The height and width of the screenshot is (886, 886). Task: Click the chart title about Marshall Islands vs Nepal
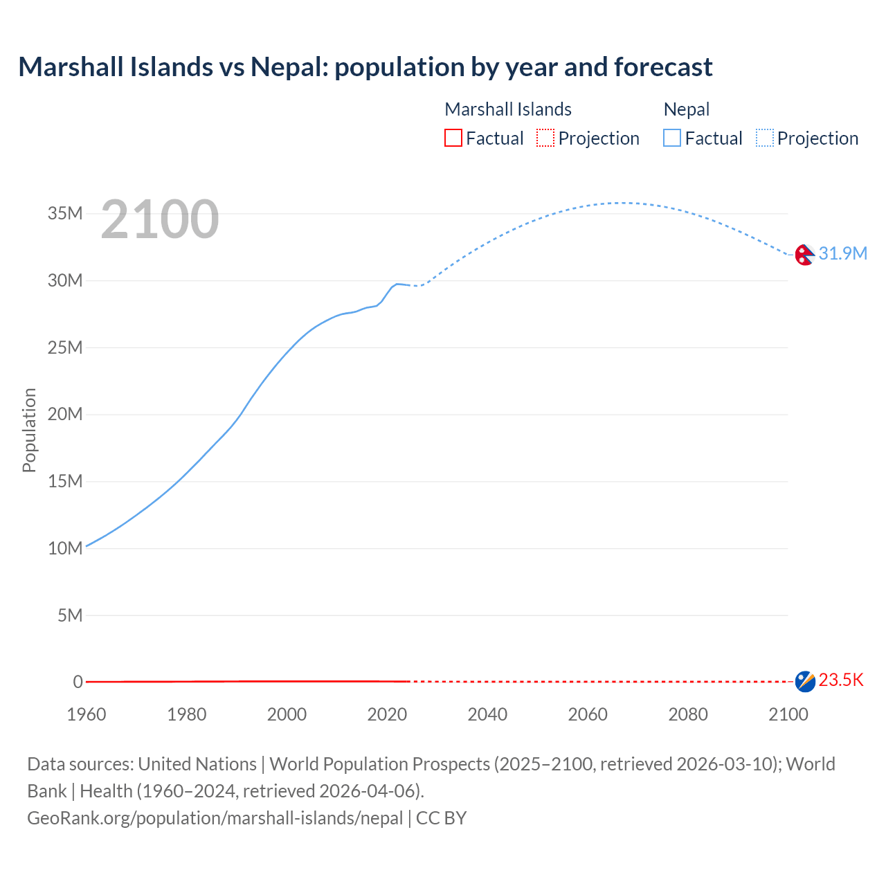click(x=365, y=67)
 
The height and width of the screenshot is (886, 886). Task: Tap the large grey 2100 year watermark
click(x=160, y=219)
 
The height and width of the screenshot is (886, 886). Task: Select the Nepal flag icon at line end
click(x=804, y=255)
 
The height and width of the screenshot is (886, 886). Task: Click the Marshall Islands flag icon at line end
click(x=805, y=681)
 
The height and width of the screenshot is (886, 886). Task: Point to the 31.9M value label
click(x=842, y=253)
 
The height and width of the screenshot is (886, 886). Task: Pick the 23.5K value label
click(x=841, y=680)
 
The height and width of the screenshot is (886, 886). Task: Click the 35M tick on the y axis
click(x=65, y=213)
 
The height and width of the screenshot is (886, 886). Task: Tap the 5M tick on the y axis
click(x=70, y=615)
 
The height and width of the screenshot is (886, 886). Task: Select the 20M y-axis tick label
click(x=65, y=414)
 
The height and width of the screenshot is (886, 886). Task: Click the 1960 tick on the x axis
click(x=87, y=714)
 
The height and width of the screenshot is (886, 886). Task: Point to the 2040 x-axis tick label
click(x=487, y=714)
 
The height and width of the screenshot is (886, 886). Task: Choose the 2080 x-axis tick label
click(x=688, y=714)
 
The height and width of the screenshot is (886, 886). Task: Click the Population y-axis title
click(x=29, y=430)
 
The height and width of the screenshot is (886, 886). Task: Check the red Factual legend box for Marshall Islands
click(x=453, y=138)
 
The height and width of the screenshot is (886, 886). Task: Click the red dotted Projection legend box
click(x=545, y=138)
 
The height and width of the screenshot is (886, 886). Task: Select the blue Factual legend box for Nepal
click(x=672, y=138)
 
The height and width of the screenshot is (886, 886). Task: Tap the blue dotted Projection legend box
click(x=765, y=138)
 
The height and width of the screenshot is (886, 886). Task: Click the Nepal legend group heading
click(x=686, y=109)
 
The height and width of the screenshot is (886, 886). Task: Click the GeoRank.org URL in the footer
click(x=215, y=818)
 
